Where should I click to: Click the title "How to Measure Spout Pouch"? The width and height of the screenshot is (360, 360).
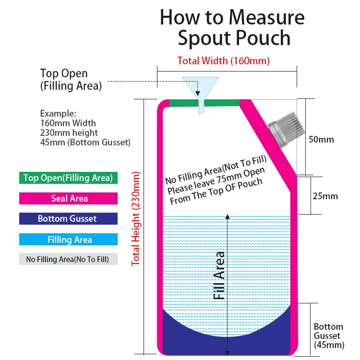click(x=232, y=27)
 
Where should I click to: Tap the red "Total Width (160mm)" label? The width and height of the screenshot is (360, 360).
click(x=223, y=61)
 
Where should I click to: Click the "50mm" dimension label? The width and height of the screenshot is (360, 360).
click(x=321, y=140)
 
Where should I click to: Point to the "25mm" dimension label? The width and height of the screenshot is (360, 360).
click(x=325, y=196)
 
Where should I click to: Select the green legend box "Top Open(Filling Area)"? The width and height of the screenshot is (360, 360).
click(x=68, y=178)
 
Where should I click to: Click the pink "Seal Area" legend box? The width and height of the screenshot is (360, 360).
click(x=68, y=198)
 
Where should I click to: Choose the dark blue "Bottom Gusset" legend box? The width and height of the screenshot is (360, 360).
click(x=68, y=219)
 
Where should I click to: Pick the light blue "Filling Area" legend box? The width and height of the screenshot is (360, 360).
click(x=68, y=240)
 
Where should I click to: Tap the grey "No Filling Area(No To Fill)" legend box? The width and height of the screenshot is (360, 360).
click(x=68, y=259)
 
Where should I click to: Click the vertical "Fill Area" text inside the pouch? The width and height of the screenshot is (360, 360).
click(x=219, y=276)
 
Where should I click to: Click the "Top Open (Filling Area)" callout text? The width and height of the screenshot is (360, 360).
click(x=71, y=80)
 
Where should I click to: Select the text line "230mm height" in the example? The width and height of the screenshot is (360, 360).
click(x=69, y=133)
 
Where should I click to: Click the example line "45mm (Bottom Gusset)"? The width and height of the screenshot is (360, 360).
click(x=85, y=143)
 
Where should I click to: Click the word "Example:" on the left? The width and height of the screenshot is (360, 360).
click(x=58, y=114)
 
